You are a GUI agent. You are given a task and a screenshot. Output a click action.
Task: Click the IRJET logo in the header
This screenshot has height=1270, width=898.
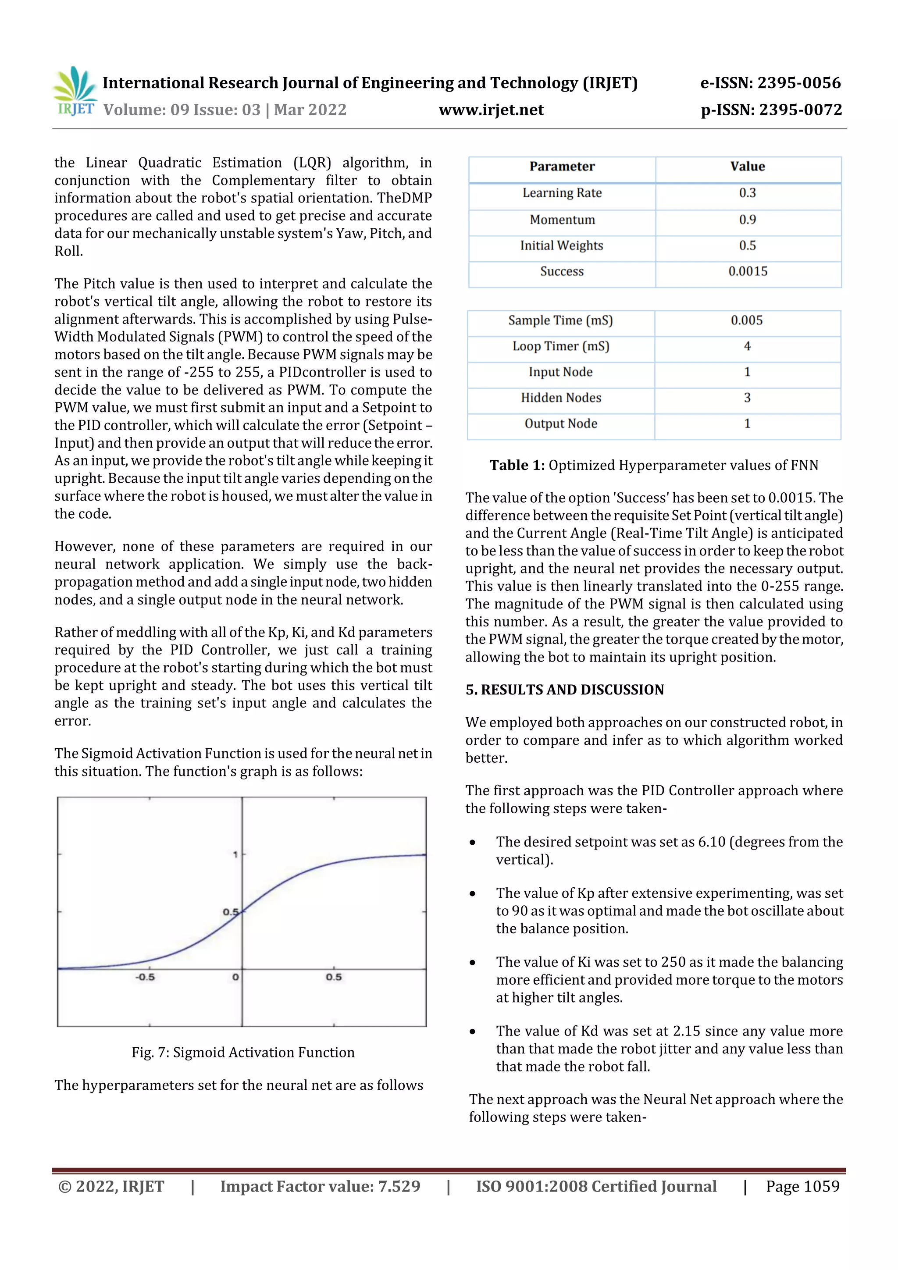click(x=75, y=92)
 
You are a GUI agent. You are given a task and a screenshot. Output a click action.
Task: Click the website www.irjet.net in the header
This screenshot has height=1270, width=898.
click(x=491, y=110)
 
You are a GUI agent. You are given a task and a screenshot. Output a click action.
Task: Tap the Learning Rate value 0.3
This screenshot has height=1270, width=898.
click(x=747, y=193)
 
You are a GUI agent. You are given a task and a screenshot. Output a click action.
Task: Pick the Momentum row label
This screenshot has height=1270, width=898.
click(x=562, y=220)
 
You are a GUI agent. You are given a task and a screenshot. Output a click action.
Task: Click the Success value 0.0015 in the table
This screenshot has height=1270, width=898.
click(x=748, y=271)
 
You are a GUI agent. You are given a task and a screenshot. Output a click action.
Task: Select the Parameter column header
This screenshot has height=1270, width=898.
click(x=562, y=167)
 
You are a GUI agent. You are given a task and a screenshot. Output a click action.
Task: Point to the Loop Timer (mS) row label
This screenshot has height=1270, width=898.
click(x=560, y=346)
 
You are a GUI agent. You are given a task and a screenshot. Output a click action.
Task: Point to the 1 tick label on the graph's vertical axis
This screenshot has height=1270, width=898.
click(x=235, y=854)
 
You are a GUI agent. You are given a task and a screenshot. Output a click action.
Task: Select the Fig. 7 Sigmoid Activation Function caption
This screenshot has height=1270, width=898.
click(x=243, y=1052)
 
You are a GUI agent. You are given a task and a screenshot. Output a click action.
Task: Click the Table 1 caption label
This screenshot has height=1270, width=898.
click(x=517, y=465)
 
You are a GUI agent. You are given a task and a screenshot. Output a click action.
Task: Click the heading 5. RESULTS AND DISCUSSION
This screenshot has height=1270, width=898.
click(x=564, y=690)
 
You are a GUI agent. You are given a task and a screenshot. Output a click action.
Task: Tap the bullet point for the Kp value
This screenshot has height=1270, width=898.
click(x=472, y=893)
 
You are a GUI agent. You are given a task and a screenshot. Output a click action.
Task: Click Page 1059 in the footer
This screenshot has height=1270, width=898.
click(x=802, y=1186)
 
